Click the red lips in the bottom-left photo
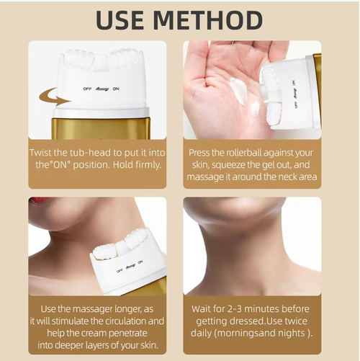pos(37,201)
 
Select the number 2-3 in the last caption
pos(238,308)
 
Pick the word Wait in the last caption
pos(202,308)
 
